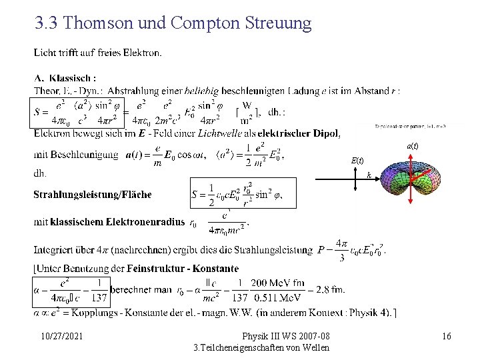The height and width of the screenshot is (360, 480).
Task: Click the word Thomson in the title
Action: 99,23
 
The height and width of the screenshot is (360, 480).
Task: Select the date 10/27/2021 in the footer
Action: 61,336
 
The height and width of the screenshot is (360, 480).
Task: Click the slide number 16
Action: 446,336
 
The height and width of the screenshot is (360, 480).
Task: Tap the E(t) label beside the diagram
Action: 357,160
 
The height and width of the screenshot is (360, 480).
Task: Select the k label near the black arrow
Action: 369,175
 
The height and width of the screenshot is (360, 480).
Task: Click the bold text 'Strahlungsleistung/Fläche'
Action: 93,195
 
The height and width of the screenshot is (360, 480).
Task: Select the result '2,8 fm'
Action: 329,290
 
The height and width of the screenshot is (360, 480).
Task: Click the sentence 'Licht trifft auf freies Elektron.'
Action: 97,53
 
